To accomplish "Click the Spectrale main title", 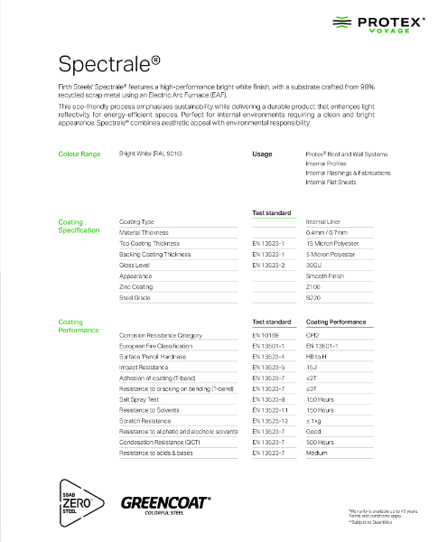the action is (109, 63).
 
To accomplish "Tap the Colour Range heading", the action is (79, 154).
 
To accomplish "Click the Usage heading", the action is (262, 154).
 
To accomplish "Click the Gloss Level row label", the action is (135, 265).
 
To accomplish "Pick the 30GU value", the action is (315, 265).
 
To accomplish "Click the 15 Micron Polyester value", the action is (333, 243).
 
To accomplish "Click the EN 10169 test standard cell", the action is (267, 334).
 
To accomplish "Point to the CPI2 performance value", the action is (314, 334).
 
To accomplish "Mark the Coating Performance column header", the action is (336, 322).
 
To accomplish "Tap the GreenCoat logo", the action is (165, 502).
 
